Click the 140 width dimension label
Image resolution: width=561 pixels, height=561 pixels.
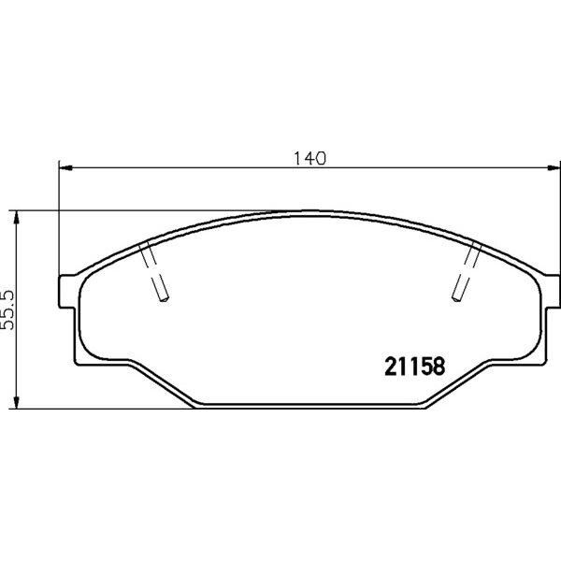[x=309, y=159]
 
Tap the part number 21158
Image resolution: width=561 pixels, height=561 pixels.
[x=414, y=366]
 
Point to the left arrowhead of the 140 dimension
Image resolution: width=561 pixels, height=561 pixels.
[x=65, y=167]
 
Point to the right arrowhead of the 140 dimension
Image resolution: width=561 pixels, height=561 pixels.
[x=554, y=167]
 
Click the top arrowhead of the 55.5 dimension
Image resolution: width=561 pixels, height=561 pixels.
[x=16, y=217]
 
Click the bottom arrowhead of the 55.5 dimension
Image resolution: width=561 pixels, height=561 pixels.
[x=16, y=401]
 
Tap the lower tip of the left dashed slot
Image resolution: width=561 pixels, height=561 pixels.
[x=164, y=299]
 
